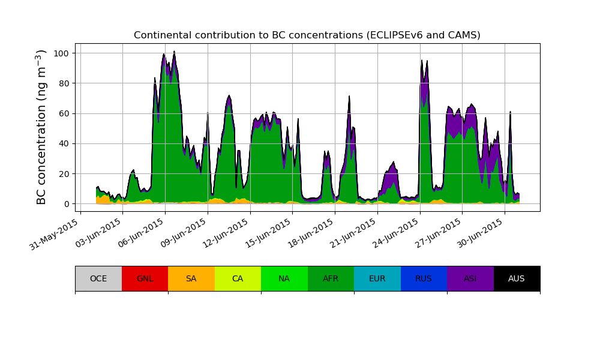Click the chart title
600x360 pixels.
[x=307, y=35]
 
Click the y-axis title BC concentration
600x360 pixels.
[x=41, y=127]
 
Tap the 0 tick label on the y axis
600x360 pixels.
[x=67, y=204]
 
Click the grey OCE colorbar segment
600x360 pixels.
[x=98, y=278]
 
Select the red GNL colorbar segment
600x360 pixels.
[x=145, y=278]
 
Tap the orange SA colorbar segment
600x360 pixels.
[x=191, y=278]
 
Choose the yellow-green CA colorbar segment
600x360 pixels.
[x=238, y=278]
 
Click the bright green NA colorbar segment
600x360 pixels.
[x=284, y=278]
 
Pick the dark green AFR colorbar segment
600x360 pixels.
[x=331, y=278]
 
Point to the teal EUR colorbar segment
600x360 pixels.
[x=377, y=278]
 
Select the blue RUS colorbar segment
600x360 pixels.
[x=424, y=278]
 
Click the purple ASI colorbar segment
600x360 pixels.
[x=470, y=278]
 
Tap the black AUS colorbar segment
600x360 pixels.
[x=517, y=278]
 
